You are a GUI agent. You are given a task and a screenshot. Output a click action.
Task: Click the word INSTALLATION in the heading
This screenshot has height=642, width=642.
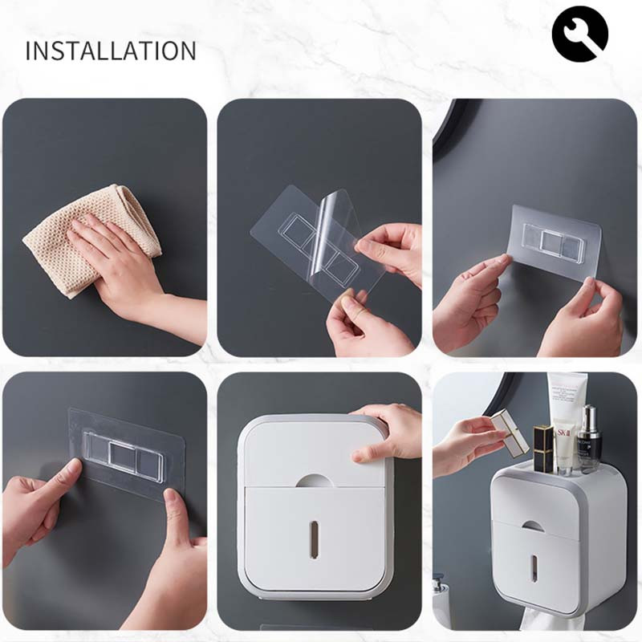111,51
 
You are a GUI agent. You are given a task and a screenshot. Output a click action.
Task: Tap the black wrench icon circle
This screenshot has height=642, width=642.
579,34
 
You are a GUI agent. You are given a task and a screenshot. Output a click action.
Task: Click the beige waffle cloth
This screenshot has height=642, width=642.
92,238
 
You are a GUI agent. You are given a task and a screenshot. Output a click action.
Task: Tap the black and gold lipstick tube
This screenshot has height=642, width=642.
543,449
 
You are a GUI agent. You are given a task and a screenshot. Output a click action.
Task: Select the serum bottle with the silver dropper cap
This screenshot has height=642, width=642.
589,439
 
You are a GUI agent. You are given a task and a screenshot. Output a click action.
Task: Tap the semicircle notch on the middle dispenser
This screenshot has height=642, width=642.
315,481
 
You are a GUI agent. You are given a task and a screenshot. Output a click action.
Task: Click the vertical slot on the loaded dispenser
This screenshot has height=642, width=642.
534,568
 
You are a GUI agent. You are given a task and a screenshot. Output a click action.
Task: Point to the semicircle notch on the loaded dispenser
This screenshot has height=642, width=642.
531,527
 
